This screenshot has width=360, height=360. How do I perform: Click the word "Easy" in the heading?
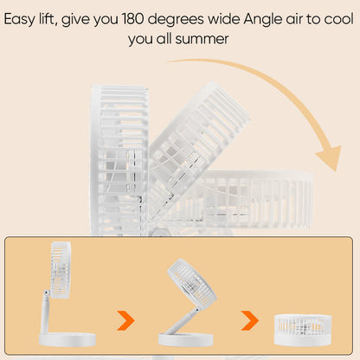19,20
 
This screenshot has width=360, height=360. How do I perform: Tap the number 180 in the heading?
132,19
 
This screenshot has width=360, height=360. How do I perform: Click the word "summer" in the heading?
202,39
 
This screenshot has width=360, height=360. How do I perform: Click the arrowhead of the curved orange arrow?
331,158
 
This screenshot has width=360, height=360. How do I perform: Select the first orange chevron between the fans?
125,320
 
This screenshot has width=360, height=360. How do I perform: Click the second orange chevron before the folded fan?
250,320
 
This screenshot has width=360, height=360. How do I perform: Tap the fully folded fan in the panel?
303,330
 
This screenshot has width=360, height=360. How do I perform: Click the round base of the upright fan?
67,339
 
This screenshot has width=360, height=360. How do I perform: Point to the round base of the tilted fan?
186,339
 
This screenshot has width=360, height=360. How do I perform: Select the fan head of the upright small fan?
61,270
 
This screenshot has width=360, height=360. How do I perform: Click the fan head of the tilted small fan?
192,285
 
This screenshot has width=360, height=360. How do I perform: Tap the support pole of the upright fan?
45,312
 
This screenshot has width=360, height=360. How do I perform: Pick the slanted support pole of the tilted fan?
184,322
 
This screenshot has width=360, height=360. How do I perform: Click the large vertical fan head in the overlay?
119,159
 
